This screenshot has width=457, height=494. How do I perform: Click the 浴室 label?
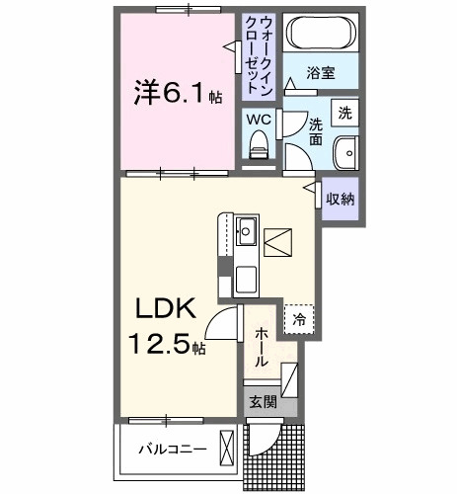320,73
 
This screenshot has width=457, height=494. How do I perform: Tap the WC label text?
259,119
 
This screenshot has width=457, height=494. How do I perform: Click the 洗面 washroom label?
316,132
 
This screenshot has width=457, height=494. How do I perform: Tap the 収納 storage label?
342,198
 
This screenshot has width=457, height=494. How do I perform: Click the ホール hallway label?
261,349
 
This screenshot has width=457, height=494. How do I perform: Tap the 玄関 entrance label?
262,401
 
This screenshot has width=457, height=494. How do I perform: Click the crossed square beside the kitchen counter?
278,240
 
